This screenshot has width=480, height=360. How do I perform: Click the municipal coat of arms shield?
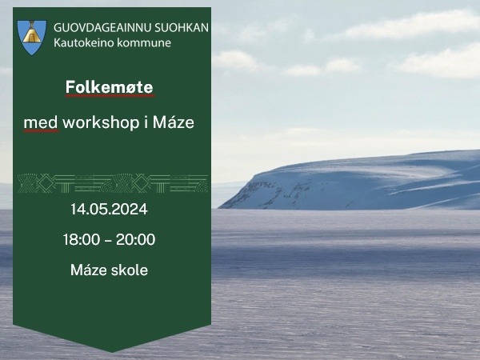click(32, 38)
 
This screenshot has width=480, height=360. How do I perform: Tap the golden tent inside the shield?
click(31, 34)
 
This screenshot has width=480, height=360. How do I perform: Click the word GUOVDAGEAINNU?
click(102, 28)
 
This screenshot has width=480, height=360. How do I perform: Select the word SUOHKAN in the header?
click(182, 28)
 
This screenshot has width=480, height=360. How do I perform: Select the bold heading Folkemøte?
click(110, 87)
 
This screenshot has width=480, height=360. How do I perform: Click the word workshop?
click(101, 123)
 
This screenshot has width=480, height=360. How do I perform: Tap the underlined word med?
click(41, 123)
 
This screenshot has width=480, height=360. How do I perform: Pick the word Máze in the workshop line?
click(174, 122)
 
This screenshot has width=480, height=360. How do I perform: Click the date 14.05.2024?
click(109, 210)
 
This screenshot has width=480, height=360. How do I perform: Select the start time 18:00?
click(82, 239)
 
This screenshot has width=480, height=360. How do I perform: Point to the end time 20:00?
click(136, 239)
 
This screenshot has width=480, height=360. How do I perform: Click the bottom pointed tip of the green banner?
click(112, 352)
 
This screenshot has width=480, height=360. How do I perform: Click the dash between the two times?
click(108, 241)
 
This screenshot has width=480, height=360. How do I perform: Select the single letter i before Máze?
click(146, 122)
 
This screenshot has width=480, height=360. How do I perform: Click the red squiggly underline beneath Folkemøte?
click(110, 96)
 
